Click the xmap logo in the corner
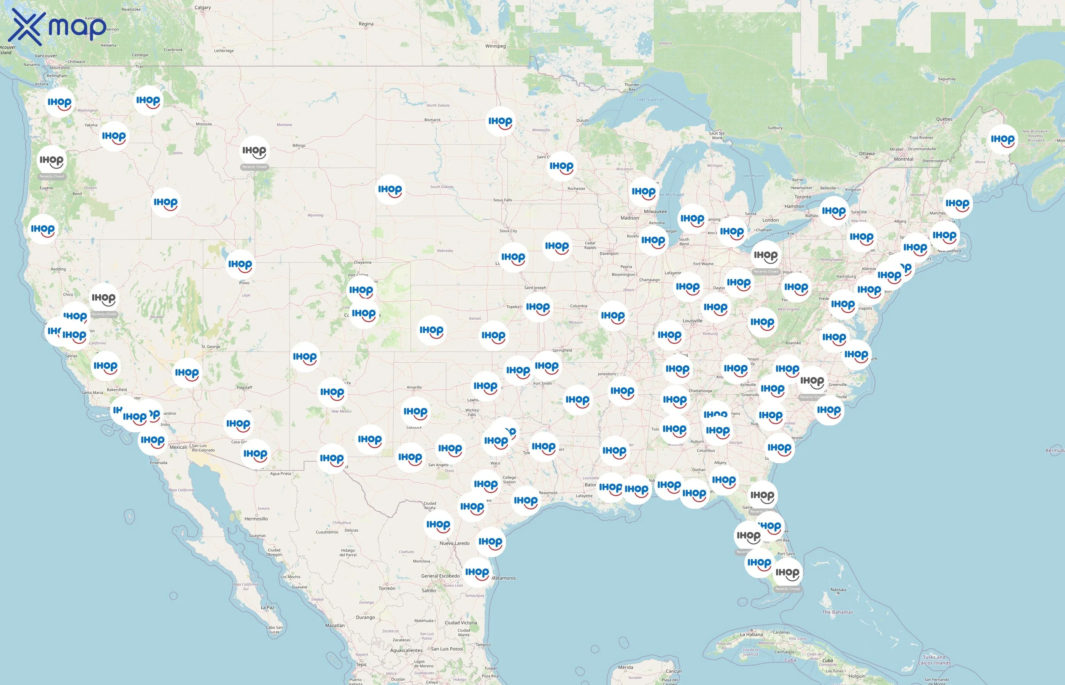58,27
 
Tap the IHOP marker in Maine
1002,140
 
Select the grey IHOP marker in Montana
254,151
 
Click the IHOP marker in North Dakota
500,121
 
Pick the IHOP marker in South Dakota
390,190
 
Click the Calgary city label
203,8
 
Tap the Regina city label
366,24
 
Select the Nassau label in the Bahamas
838,590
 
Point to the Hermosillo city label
256,519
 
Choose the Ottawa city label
866,154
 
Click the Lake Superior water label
650,100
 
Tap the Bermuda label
1054,451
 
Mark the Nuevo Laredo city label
454,543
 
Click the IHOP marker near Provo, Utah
240,264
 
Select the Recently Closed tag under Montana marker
254,167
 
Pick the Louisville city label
692,321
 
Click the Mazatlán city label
335,625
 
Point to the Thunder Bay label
632,87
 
